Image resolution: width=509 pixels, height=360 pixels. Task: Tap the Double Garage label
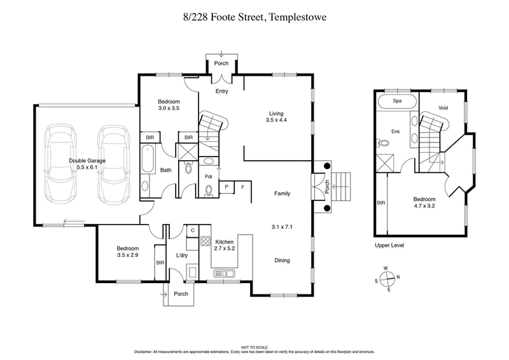click(87, 165)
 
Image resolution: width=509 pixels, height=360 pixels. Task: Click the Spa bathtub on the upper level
click(397, 102)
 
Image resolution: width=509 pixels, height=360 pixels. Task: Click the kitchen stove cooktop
click(206, 241)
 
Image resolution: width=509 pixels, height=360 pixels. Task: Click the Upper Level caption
click(389, 245)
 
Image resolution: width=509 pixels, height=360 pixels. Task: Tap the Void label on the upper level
click(443, 108)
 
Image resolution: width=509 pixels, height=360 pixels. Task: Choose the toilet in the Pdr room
click(209, 189)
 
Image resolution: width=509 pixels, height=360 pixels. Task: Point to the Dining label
click(282, 260)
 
